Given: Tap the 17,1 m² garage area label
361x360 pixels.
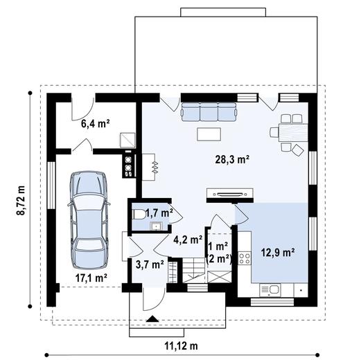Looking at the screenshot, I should [90, 278].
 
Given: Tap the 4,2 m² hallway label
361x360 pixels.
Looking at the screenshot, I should [188, 241].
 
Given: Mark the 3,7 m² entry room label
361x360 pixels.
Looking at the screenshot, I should [149, 264].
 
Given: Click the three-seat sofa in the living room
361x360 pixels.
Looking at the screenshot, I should [209, 111].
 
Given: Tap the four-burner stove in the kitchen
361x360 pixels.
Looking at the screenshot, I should [245, 259].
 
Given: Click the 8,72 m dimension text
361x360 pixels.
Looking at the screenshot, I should [20, 199].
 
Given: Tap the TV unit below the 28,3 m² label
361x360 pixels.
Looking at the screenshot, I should [229, 193].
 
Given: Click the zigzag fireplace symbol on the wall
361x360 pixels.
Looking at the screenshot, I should [154, 167].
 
